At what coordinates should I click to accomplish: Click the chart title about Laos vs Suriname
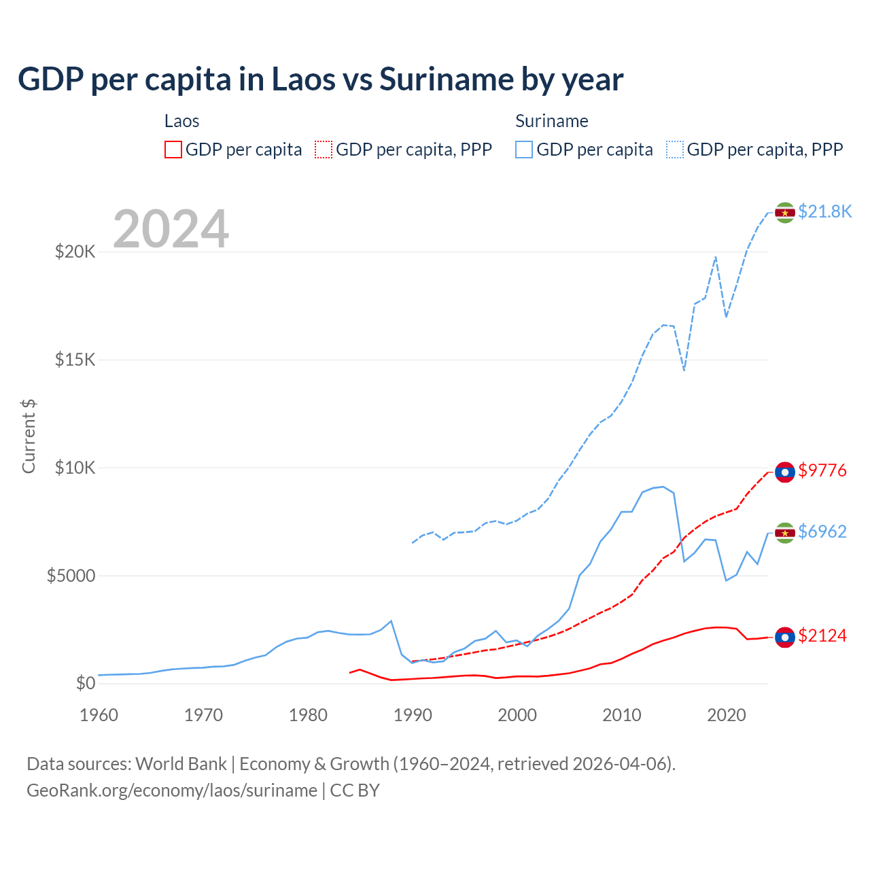(x=320, y=80)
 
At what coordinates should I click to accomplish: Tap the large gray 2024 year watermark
(x=171, y=229)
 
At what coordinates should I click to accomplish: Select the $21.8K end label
(x=824, y=211)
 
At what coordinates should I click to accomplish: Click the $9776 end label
(x=822, y=470)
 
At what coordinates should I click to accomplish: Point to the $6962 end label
(x=822, y=532)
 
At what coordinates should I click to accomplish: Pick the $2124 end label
(x=822, y=636)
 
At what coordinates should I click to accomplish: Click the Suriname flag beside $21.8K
(x=785, y=213)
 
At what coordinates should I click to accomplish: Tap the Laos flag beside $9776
(x=785, y=472)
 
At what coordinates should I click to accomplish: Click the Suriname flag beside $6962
(x=785, y=533)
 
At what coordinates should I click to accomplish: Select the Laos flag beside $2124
(x=785, y=638)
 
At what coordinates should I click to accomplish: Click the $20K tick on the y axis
(x=75, y=252)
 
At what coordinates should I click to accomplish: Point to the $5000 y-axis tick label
(x=71, y=576)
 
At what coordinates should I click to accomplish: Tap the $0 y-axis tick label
(x=85, y=683)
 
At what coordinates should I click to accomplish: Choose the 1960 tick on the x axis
(x=99, y=715)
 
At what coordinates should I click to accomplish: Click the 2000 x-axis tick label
(x=517, y=715)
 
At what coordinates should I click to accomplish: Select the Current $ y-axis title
(x=29, y=436)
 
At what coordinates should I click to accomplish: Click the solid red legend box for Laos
(x=173, y=150)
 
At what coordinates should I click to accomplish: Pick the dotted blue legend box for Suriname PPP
(x=675, y=150)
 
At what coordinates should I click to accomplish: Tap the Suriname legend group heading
(x=552, y=121)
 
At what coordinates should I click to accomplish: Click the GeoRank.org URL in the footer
(x=172, y=790)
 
